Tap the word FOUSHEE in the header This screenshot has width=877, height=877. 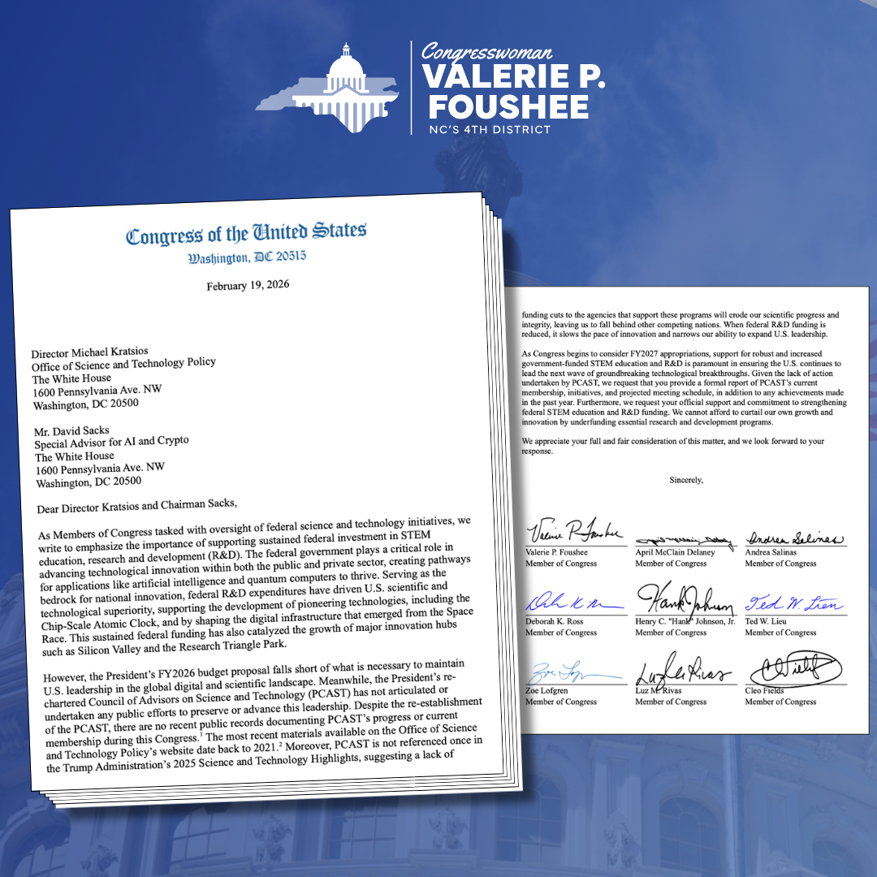tap(508, 107)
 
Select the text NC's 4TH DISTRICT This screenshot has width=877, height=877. tap(490, 130)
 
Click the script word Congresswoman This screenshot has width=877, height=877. tap(487, 53)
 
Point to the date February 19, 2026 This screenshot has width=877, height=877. tap(248, 286)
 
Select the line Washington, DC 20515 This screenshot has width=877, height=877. tap(248, 258)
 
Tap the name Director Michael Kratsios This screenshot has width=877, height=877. tap(90, 354)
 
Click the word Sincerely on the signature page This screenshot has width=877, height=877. tap(686, 480)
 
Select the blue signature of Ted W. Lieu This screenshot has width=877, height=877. tap(793, 603)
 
